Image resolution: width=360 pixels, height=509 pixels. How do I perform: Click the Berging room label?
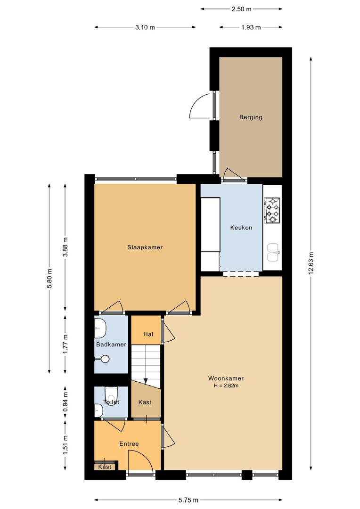(251, 117)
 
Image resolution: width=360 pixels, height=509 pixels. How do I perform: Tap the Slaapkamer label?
(145, 247)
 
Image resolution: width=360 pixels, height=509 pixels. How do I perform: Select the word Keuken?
(241, 228)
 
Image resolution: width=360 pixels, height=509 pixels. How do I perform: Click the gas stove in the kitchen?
(273, 210)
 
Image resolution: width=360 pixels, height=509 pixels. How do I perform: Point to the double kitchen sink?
(273, 253)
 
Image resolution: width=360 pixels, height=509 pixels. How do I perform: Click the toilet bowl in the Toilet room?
(111, 394)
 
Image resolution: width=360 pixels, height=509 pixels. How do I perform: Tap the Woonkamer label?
(226, 378)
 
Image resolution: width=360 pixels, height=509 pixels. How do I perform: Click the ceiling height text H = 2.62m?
(226, 386)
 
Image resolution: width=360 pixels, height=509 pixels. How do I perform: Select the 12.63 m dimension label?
(311, 263)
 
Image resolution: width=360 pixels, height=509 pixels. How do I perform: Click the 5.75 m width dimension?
(188, 500)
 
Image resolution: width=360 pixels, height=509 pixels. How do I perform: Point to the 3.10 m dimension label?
(145, 27)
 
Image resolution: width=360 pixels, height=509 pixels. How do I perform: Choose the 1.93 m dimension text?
(251, 27)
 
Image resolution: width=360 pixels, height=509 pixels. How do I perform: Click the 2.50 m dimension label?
(242, 9)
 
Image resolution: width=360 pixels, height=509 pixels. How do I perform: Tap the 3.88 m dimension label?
(65, 247)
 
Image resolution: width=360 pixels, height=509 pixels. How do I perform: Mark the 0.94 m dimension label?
(65, 402)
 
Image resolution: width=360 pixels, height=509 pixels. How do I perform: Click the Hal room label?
(148, 334)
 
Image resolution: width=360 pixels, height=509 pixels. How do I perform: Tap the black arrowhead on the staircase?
(146, 381)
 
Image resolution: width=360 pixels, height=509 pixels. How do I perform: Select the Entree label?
(129, 444)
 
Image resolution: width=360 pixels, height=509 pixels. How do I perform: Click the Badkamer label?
(111, 345)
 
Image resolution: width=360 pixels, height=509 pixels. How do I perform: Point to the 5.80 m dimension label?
(49, 279)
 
